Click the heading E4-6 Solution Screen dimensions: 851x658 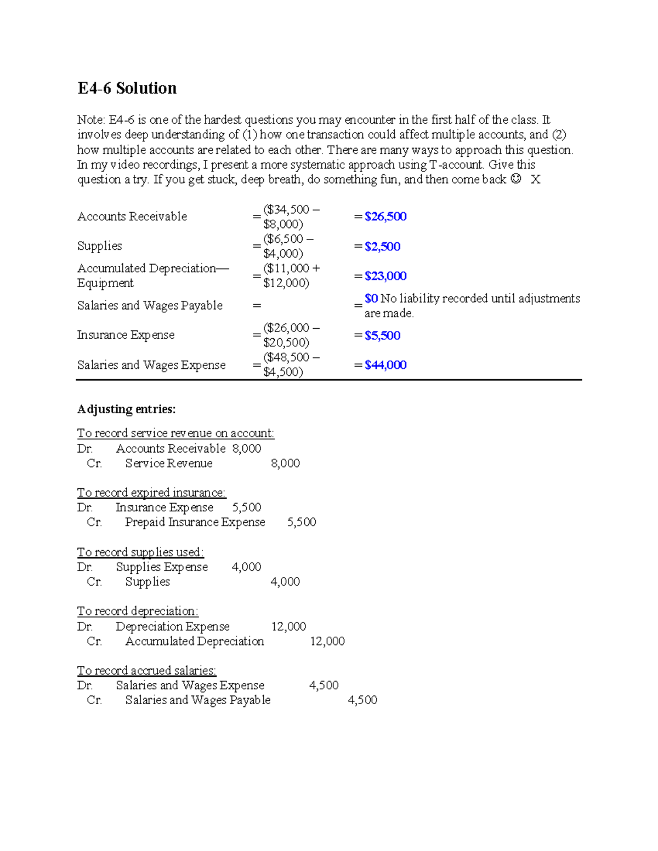127,88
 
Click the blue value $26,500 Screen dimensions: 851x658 385,216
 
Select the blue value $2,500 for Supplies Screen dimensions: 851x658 382,247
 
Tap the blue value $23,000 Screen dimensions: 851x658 385,276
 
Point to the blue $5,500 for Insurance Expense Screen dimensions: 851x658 382,335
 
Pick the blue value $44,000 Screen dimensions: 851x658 385,365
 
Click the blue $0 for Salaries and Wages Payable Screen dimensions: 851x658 371,299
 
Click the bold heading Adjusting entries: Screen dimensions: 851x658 126,409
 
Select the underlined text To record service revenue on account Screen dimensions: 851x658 175,433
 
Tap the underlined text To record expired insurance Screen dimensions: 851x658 151,493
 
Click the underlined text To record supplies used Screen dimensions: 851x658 140,552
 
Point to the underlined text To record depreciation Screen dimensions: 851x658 138,611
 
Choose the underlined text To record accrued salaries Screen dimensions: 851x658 146,671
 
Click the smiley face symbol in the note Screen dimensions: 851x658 515,179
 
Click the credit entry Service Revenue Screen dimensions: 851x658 169,464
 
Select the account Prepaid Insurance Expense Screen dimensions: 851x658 195,522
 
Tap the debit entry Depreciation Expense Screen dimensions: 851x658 173,626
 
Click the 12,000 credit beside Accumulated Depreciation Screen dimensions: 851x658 327,641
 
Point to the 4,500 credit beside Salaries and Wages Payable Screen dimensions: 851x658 362,700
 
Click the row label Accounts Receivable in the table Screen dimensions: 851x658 132,216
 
